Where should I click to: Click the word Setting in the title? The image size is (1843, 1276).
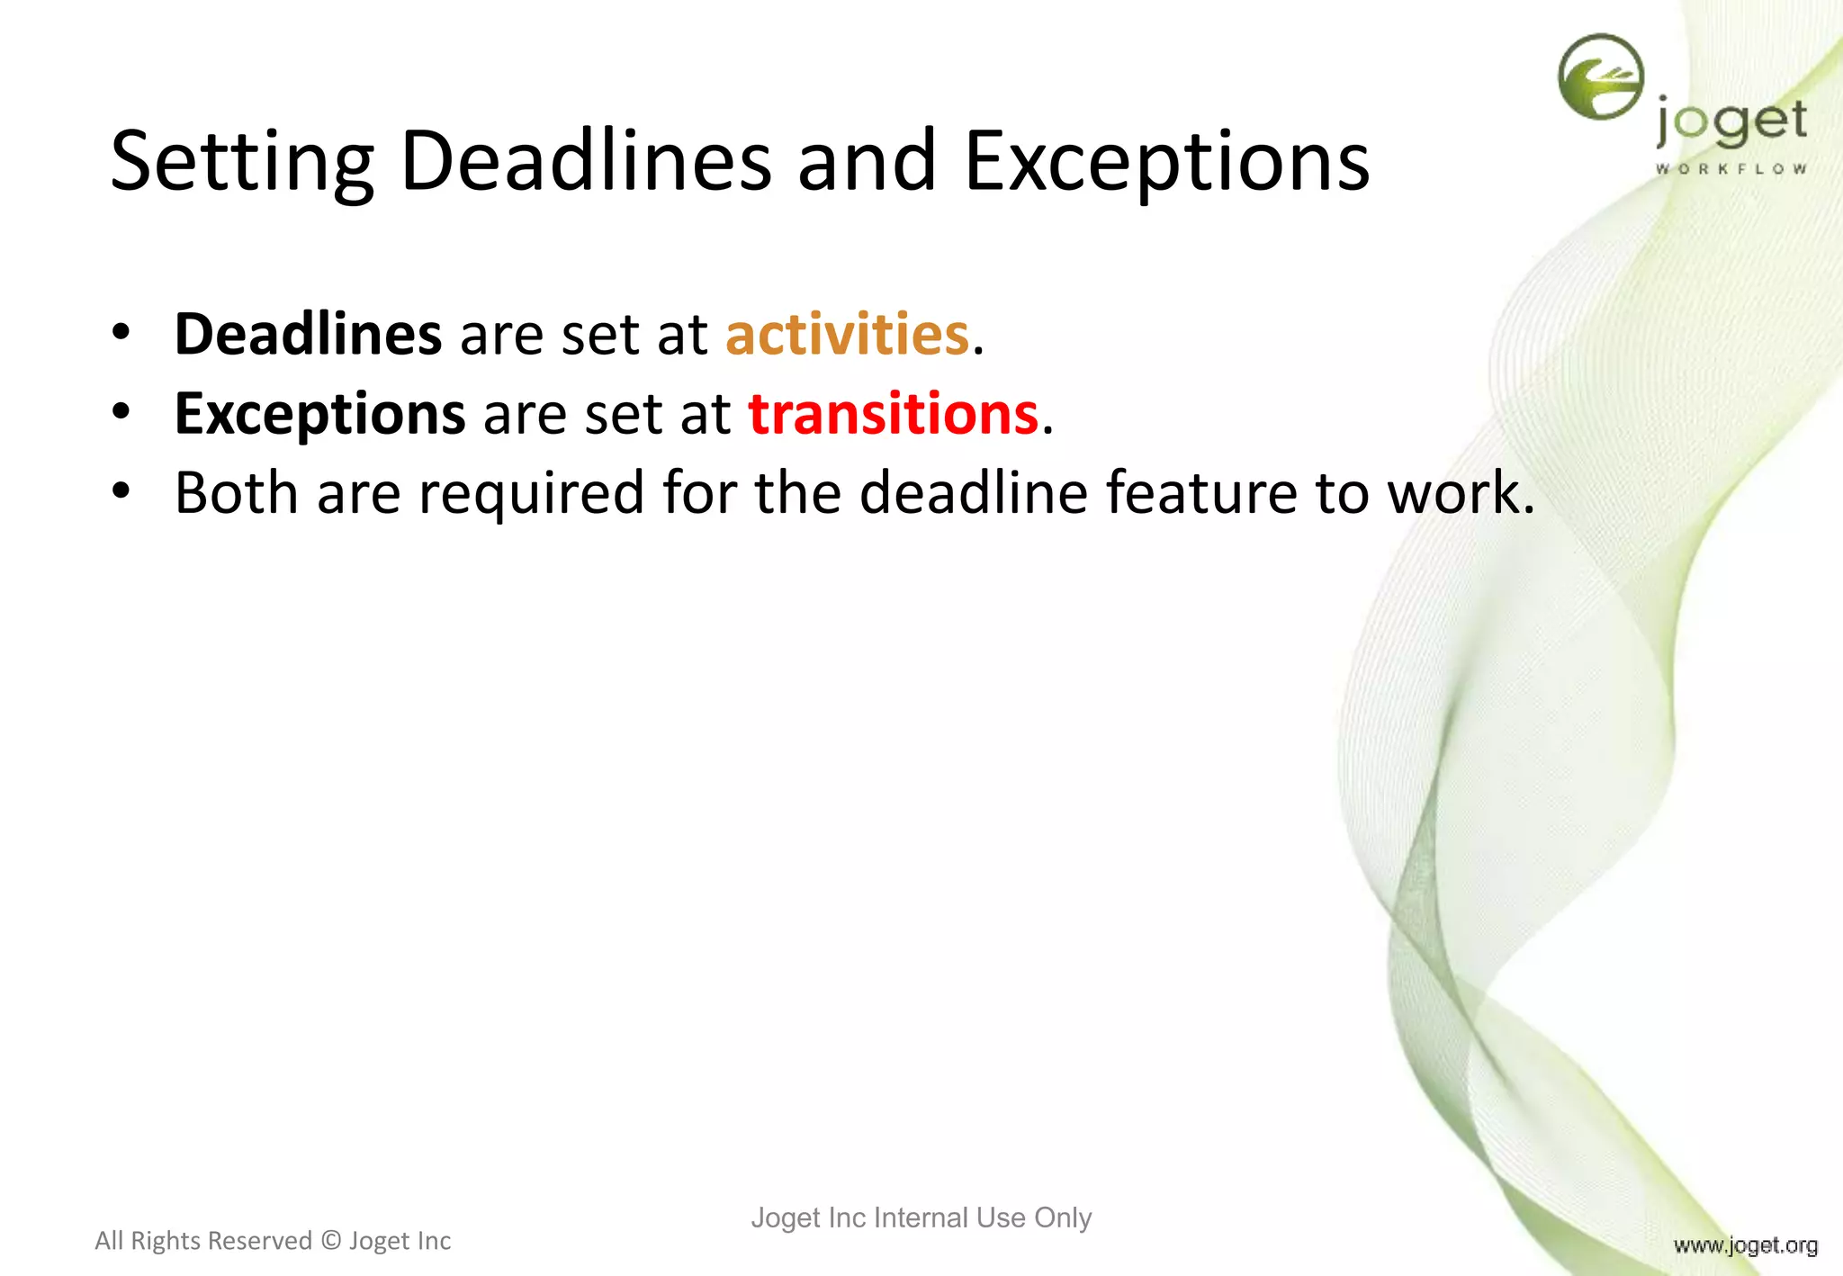(241, 162)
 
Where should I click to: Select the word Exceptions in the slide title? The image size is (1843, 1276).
(1167, 162)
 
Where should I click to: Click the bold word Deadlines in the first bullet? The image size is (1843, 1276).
(308, 334)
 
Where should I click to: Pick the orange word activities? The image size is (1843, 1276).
(847, 334)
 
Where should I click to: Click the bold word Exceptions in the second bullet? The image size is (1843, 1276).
(319, 414)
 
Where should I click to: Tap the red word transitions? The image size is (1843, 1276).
(894, 414)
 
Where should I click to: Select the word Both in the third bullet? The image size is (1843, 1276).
(236, 492)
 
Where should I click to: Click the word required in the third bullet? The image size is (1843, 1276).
(532, 494)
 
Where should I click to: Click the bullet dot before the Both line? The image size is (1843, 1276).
(121, 492)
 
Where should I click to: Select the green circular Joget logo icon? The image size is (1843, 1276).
(1601, 76)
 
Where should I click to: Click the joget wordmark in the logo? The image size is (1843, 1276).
(1731, 123)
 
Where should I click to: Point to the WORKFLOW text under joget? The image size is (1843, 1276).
(1731, 168)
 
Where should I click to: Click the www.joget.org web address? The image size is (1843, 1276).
(1745, 1245)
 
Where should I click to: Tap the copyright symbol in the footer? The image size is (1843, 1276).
(331, 1241)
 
